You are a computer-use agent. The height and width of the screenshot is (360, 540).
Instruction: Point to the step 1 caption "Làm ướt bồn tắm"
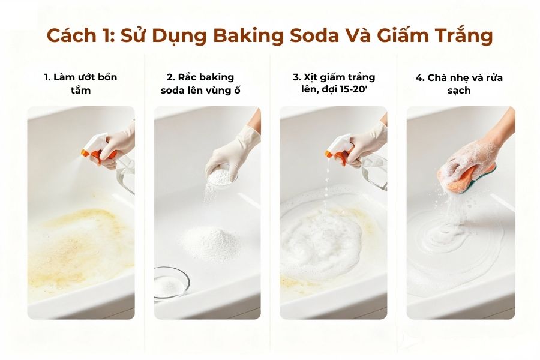pyautogui.click(x=81, y=84)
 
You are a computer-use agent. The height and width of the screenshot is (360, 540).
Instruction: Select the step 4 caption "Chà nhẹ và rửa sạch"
pyautogui.click(x=459, y=84)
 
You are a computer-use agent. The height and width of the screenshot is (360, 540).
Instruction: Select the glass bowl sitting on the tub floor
pyautogui.click(x=170, y=282)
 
